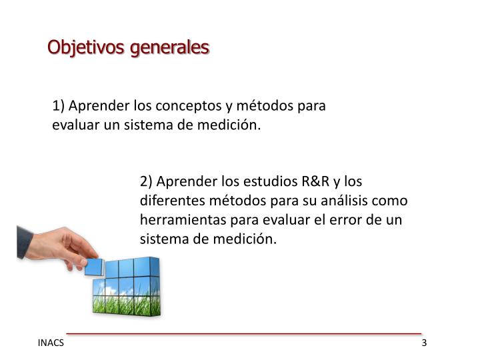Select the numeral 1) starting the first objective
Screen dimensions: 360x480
click(59, 106)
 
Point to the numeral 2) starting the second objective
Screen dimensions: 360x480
click(147, 181)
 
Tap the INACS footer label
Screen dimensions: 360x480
click(51, 343)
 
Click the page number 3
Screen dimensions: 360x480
click(424, 343)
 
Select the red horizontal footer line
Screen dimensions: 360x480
click(244, 333)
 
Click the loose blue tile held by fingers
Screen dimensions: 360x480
click(94, 267)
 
